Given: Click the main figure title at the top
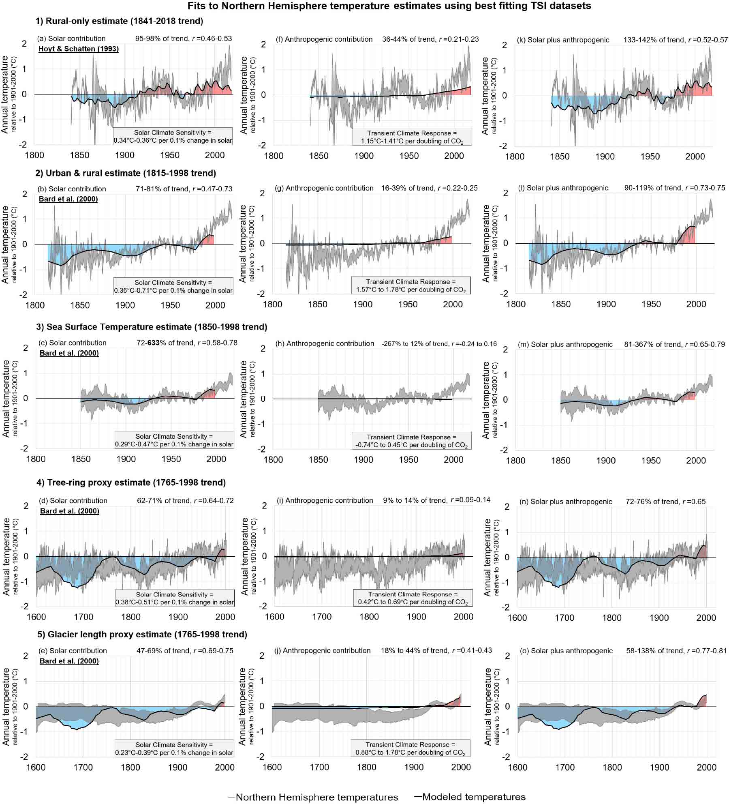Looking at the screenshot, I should pos(389,6).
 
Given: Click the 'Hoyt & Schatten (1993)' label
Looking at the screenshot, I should pos(79,49).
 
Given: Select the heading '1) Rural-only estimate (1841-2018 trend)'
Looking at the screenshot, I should pos(120,21).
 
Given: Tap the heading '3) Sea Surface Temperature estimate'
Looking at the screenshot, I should pos(157,327).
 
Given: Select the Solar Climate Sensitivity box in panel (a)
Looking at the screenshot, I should pos(173,137).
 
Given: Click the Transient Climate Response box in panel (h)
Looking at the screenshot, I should pos(411,441).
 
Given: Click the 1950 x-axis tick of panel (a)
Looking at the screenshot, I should pos(169,155).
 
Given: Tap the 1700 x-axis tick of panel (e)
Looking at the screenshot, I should pos(83,767).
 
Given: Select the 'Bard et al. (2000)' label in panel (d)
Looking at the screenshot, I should pos(70,511).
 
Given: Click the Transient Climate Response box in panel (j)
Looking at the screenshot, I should pos(410,748).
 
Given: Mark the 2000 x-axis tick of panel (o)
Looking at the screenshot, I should pos(707,767).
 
